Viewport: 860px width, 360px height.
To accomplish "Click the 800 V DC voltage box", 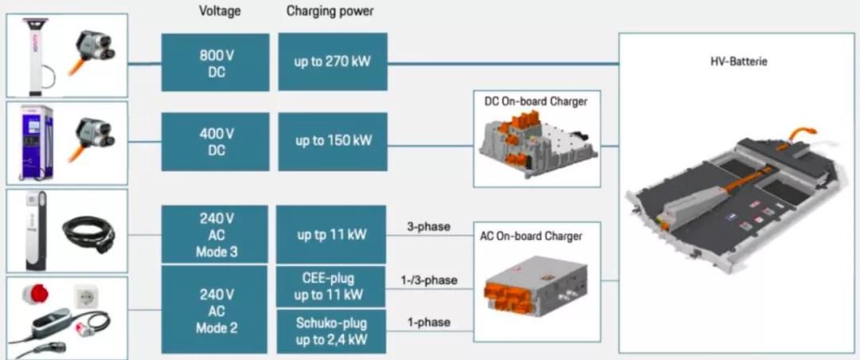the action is pos(216,62).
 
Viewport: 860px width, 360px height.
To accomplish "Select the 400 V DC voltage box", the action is pos(216,141).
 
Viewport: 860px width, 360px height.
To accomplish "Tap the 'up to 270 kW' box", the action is pos(333,61).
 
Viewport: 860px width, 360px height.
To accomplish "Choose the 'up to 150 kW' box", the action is pos(333,140).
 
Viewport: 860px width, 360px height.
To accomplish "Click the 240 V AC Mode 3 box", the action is pos(214,234).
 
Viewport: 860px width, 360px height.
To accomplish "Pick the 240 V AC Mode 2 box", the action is pos(214,310).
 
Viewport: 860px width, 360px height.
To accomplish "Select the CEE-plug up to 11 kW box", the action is pos(331,287).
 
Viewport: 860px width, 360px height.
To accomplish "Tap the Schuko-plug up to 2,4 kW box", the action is pos(331,331).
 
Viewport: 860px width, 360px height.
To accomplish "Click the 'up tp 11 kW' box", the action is pos(331,234).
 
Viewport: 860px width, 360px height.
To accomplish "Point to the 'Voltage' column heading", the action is pos(220,11).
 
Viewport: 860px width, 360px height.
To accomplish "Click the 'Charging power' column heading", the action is pos(330,11).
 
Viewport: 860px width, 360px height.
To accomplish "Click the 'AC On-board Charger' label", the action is pos(531,237).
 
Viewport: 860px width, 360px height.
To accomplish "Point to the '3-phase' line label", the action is pos(428,226).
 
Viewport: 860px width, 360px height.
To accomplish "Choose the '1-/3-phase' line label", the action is pos(428,280).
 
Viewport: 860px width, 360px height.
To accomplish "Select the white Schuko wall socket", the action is pos(85,297).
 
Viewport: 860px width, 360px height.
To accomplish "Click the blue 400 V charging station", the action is pos(36,143).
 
